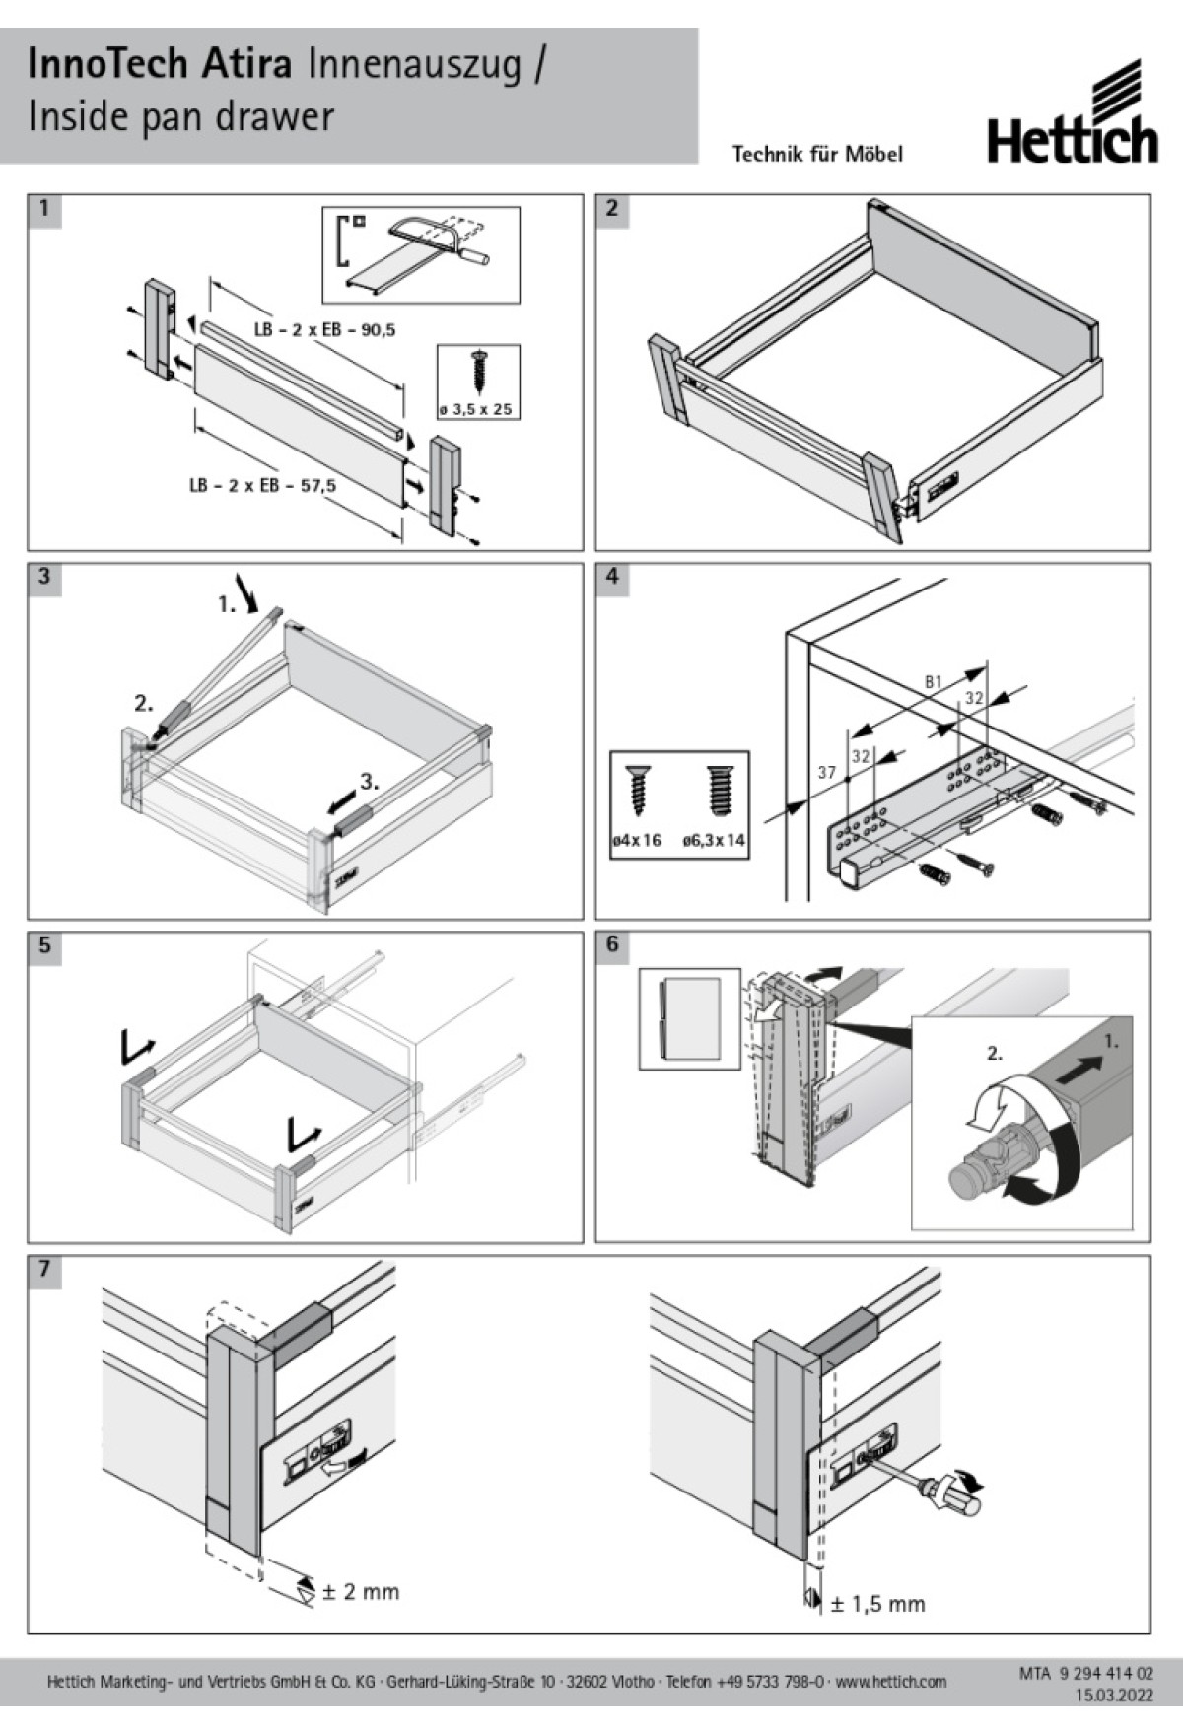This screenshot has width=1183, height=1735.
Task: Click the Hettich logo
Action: coord(1073,113)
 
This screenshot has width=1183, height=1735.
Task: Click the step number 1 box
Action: coord(44,209)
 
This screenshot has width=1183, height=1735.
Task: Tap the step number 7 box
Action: coord(44,1270)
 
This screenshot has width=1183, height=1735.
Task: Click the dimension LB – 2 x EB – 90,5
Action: coord(324,330)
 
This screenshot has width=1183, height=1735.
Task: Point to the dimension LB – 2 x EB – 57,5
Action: coord(262,486)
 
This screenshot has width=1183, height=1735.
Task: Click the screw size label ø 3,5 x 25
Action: coord(478,409)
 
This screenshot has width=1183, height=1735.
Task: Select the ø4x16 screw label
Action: coord(636,841)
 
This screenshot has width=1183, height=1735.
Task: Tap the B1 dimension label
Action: coord(933,681)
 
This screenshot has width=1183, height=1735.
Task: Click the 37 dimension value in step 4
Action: coord(826,773)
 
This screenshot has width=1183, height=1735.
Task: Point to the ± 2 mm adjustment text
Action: coord(361,1592)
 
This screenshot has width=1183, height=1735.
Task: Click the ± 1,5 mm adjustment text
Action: coord(877,1604)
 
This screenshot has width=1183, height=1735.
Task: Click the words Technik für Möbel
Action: coord(817,154)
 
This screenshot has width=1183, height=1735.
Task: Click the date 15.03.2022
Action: coord(1113,1696)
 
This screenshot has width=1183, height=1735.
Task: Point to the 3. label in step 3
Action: coord(369,782)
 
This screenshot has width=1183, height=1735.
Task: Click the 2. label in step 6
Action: coord(995,1053)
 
